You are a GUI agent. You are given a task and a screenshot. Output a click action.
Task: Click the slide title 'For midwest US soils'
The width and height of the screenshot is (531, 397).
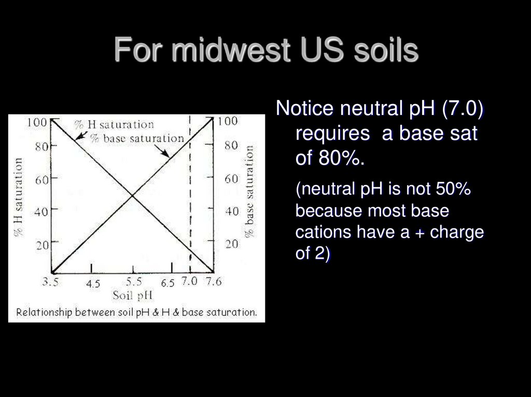[265, 51]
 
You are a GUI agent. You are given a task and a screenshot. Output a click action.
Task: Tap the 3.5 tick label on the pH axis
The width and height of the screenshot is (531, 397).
[52, 283]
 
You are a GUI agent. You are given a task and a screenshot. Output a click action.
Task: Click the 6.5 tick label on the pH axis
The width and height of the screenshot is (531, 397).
[169, 283]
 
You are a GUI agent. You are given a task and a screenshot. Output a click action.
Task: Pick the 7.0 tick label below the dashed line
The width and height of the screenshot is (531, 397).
[189, 283]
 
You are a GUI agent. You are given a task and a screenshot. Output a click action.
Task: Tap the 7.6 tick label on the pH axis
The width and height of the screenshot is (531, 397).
[213, 283]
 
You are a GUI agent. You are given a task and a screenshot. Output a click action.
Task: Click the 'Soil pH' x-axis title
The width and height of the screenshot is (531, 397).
[133, 296]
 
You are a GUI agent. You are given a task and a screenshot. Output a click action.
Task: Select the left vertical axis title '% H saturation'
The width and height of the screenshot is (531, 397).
[19, 197]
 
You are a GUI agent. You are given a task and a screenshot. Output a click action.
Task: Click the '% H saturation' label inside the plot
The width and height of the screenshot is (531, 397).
[114, 125]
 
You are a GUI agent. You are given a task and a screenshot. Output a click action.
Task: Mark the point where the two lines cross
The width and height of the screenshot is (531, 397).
[132, 195]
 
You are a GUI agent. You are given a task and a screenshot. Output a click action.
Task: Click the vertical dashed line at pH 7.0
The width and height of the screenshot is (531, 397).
[190, 207]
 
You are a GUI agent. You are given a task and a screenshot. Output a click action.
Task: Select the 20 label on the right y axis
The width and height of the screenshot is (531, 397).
[231, 244]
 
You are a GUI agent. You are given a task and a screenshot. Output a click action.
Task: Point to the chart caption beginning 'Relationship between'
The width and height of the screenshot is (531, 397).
[136, 313]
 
